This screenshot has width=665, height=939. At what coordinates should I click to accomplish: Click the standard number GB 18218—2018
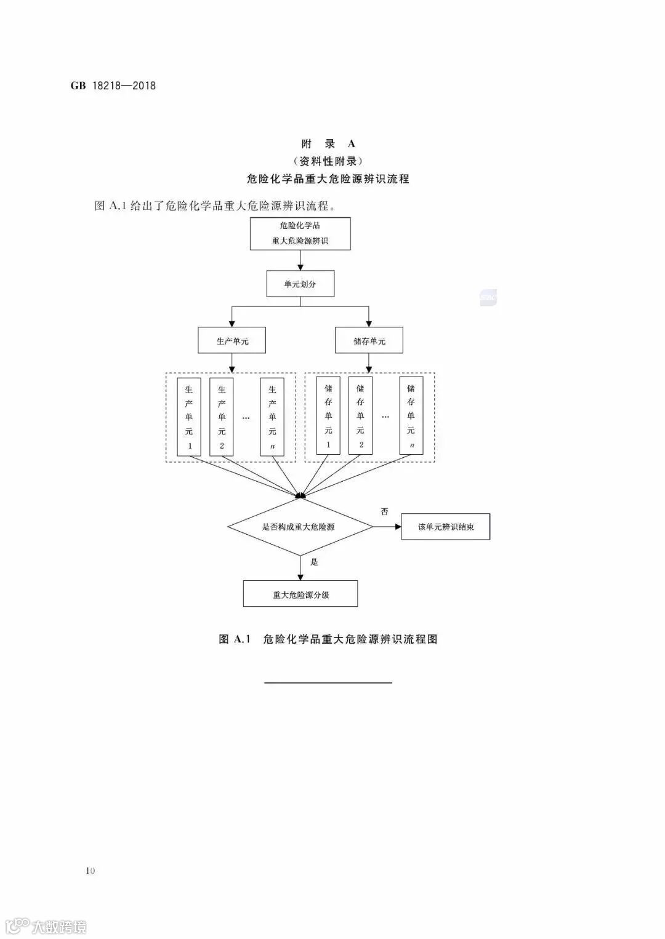tap(113, 86)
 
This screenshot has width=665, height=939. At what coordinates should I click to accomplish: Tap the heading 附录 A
tap(328, 144)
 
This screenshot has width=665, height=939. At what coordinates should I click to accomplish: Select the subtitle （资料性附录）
tap(328, 161)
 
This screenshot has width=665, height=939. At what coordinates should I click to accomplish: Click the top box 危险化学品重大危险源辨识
tap(300, 233)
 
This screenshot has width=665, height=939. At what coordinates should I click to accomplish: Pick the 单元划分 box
tap(300, 284)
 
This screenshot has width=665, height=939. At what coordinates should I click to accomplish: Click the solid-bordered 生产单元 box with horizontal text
tap(232, 340)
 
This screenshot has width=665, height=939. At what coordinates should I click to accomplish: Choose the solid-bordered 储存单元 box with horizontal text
tap(369, 340)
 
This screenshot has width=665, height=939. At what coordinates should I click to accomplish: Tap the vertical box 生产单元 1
tap(189, 417)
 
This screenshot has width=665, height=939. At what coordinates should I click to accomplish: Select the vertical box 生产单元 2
tap(222, 417)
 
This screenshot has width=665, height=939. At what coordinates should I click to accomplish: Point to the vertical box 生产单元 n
tap(272, 417)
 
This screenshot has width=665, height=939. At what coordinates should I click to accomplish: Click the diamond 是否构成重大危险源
tap(300, 527)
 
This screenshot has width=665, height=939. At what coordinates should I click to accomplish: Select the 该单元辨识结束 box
tap(445, 527)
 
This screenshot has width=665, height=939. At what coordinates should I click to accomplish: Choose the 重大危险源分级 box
tap(300, 594)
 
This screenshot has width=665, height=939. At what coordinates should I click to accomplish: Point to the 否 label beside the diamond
tap(385, 511)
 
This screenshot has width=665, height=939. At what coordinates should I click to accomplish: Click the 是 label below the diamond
tap(314, 562)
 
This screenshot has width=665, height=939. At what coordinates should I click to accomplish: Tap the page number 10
tap(91, 870)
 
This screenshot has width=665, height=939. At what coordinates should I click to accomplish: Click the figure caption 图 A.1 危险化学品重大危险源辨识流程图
tap(328, 639)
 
